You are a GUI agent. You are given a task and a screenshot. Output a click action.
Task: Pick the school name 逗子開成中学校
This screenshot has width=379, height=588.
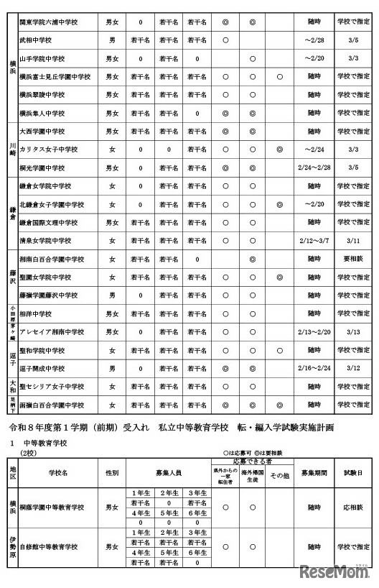[50, 369]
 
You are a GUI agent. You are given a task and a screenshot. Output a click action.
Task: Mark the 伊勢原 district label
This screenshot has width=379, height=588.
[12, 547]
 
